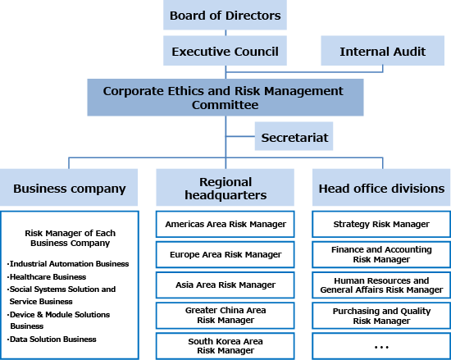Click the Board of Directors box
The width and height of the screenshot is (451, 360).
225,15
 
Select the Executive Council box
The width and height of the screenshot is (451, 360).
225,51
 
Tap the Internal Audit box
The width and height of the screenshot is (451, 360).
383,51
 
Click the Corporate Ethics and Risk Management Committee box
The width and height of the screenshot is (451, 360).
225,98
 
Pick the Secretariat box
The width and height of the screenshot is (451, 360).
294,136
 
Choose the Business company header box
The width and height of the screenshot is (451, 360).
69,187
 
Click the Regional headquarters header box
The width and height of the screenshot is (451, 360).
225,187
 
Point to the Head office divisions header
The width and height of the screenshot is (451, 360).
381,187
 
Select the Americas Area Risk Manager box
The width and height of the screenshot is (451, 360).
225,224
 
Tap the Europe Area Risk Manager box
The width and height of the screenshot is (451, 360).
225,255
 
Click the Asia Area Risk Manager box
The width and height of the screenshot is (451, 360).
225,285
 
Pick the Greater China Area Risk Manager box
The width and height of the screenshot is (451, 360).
225,316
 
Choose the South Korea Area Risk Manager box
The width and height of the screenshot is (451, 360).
225,346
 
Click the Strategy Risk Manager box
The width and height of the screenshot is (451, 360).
381,224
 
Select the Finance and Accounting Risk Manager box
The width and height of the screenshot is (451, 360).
381,255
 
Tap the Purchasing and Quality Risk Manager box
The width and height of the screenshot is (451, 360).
381,316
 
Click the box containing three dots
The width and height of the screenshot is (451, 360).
381,346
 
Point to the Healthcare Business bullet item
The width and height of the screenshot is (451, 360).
47,277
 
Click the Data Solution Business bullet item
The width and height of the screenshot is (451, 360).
52,339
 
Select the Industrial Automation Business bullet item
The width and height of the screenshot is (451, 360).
68,264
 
